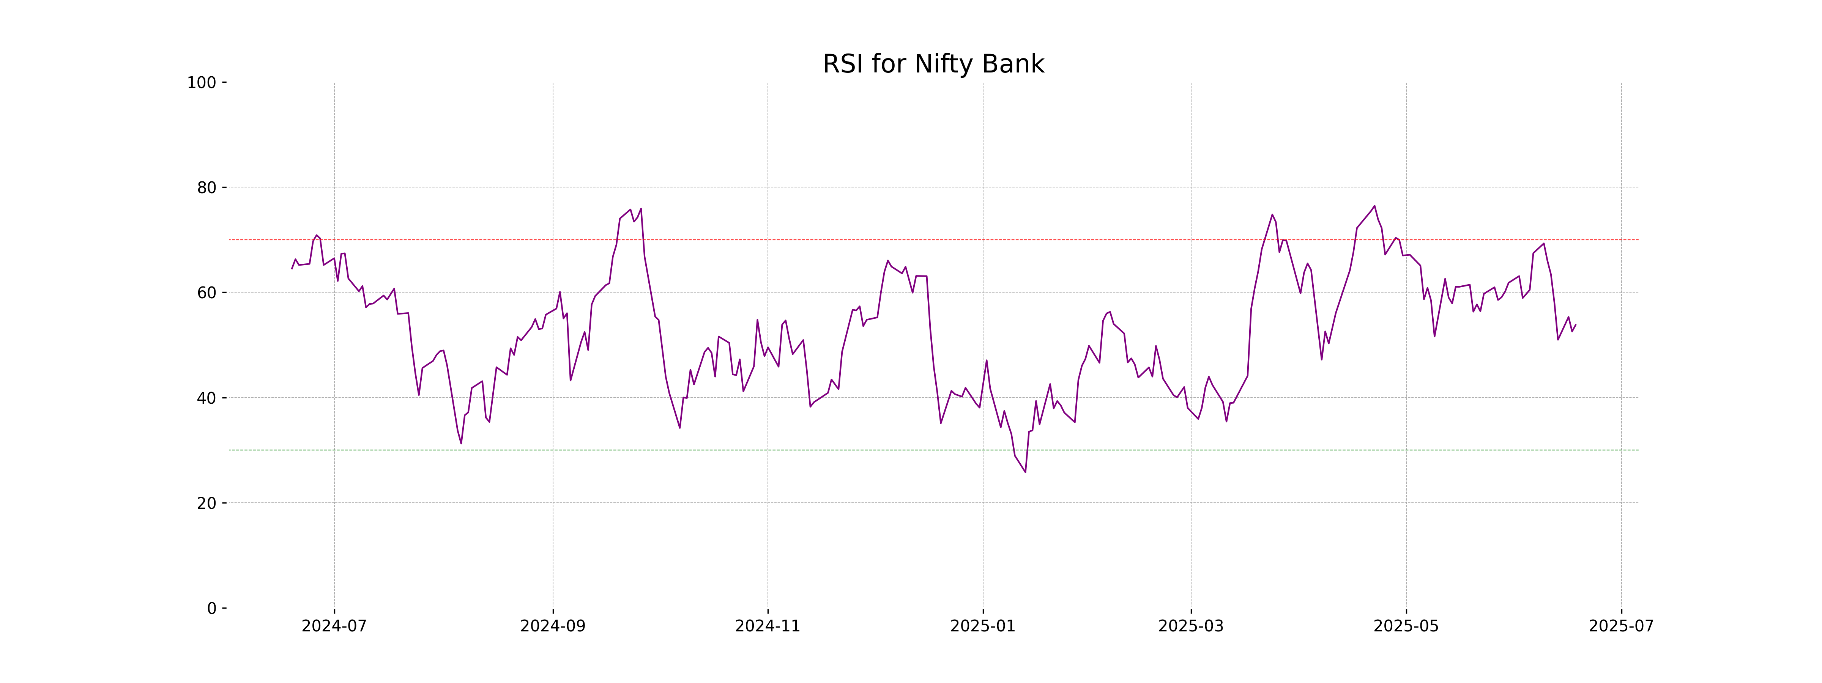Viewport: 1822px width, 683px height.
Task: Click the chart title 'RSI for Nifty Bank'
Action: pos(933,65)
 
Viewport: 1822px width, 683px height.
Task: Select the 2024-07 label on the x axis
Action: pos(334,626)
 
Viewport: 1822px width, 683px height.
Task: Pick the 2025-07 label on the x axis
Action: pos(1621,626)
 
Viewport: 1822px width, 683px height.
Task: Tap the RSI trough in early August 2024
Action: pos(461,443)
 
